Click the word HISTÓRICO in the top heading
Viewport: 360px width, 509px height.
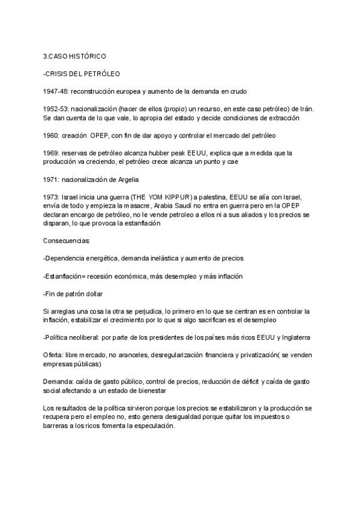click(87, 56)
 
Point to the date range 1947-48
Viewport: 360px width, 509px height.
click(55, 91)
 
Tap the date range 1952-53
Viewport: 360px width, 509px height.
click(55, 109)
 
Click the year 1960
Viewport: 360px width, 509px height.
click(51, 135)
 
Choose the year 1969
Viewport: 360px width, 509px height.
click(51, 153)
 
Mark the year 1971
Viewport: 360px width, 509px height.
click(51, 179)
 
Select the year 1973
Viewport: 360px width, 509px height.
click(51, 197)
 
